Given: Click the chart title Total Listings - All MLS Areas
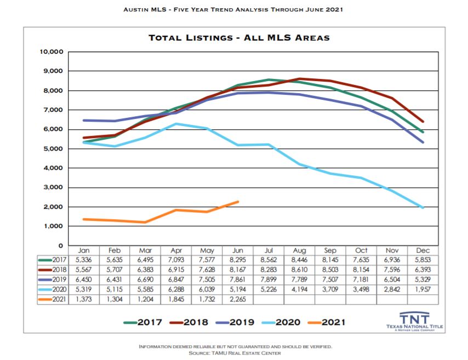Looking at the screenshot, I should (239, 38).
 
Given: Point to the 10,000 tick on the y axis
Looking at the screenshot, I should (50, 52).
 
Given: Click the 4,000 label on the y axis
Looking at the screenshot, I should (53, 168).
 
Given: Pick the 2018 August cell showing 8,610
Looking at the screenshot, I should (300, 270).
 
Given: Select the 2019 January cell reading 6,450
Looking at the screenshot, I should (84, 280).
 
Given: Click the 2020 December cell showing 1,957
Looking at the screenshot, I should (423, 290).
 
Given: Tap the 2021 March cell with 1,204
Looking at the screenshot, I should (146, 300).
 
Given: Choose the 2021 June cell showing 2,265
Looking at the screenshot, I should (237, 300).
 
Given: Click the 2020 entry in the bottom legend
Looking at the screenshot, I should (285, 322).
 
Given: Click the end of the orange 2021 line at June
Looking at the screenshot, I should (238, 202).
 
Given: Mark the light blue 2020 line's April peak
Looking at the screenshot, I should (176, 124).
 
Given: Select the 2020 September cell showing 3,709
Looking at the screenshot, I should (330, 290).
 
